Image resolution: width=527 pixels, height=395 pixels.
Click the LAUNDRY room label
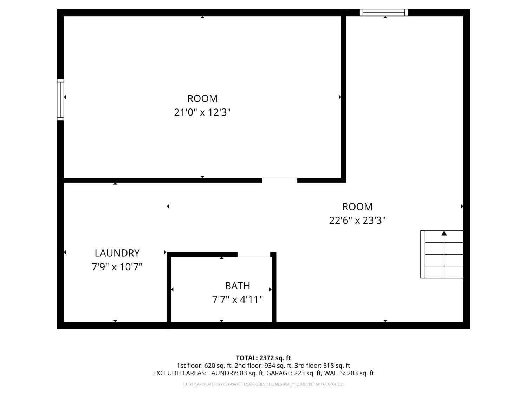(x=117, y=253)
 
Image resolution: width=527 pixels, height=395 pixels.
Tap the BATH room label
(x=238, y=286)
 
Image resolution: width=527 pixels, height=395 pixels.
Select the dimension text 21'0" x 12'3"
(x=202, y=112)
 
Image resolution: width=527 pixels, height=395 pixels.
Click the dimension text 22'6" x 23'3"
(x=357, y=220)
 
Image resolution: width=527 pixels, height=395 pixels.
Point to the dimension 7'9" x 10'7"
(x=117, y=267)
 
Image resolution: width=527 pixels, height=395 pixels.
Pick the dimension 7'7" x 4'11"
(x=238, y=299)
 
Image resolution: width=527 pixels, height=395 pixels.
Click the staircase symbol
(x=442, y=255)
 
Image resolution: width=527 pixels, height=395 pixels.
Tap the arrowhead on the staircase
(x=444, y=233)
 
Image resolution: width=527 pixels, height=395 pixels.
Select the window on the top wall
(x=384, y=13)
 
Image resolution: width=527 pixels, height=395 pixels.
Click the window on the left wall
(x=60, y=100)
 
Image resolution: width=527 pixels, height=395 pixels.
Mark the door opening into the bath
(x=254, y=255)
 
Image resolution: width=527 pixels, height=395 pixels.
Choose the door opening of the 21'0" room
(x=280, y=180)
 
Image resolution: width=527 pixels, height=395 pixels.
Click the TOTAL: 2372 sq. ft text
(x=263, y=358)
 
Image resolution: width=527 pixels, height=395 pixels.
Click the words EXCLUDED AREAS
(x=180, y=373)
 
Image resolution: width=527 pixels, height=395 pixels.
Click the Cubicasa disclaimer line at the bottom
(x=263, y=384)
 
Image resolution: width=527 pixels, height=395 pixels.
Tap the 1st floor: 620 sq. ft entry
(x=204, y=366)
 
